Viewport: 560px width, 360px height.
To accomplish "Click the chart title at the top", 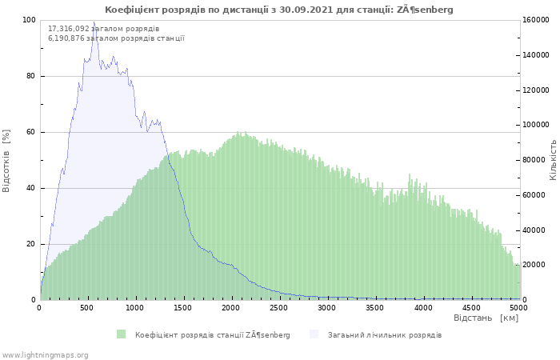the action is coord(279,10).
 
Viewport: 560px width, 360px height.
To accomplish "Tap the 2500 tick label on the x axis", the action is coord(278,308).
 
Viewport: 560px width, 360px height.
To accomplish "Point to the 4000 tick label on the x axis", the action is coord(423,308).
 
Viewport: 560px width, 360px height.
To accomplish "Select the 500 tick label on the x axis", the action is coord(86,308).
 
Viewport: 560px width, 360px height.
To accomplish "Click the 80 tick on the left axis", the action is coord(31,76).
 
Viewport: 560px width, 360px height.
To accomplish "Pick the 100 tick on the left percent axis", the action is coord(29,20).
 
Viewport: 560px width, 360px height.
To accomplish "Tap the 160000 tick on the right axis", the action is coord(536,20).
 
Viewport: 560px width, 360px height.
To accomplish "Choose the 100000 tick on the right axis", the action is coord(536,125).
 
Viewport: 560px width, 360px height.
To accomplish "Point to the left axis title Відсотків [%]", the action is coord(6,161).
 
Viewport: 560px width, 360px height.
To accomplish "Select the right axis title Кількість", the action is coord(554,160).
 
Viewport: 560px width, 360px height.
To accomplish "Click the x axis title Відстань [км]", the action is coord(486,318).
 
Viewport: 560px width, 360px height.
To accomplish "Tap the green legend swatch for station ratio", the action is coord(121,334).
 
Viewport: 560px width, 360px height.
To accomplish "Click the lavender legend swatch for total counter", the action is coord(314,334).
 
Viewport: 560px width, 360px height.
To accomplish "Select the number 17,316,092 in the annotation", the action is coord(69,29).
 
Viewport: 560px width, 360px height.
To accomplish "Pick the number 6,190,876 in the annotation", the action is coord(66,38).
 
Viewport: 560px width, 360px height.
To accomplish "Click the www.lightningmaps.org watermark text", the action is coord(44,355).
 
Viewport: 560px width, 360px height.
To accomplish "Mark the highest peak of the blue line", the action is coord(94,22).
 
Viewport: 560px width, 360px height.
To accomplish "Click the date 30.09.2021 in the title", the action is coord(306,10).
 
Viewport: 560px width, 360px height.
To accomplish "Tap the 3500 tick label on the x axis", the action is coord(375,308).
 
